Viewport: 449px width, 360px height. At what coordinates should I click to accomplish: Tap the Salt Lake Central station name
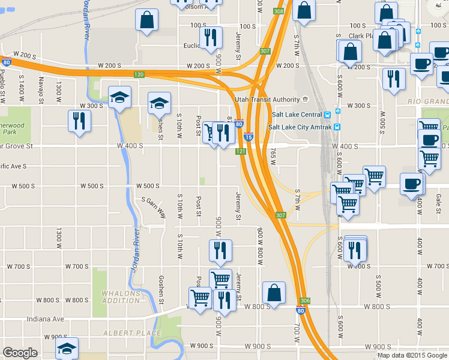coord(295,115)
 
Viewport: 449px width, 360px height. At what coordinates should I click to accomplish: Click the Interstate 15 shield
coord(249,137)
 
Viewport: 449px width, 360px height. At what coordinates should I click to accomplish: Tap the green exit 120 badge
coord(139,74)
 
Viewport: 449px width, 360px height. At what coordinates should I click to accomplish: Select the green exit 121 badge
coord(241,152)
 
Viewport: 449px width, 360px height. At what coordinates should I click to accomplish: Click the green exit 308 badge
coord(278,11)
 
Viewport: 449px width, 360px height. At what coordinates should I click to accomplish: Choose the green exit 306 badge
coord(305,301)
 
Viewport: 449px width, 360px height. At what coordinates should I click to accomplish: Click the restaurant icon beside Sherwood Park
coord(79,120)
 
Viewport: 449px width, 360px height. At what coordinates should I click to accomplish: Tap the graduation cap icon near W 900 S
coord(67,347)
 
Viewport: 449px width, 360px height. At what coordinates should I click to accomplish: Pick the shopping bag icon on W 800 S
coord(274,293)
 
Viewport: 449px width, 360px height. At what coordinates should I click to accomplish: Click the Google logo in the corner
coord(20,353)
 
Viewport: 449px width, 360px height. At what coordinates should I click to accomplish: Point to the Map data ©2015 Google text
coord(412,355)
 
